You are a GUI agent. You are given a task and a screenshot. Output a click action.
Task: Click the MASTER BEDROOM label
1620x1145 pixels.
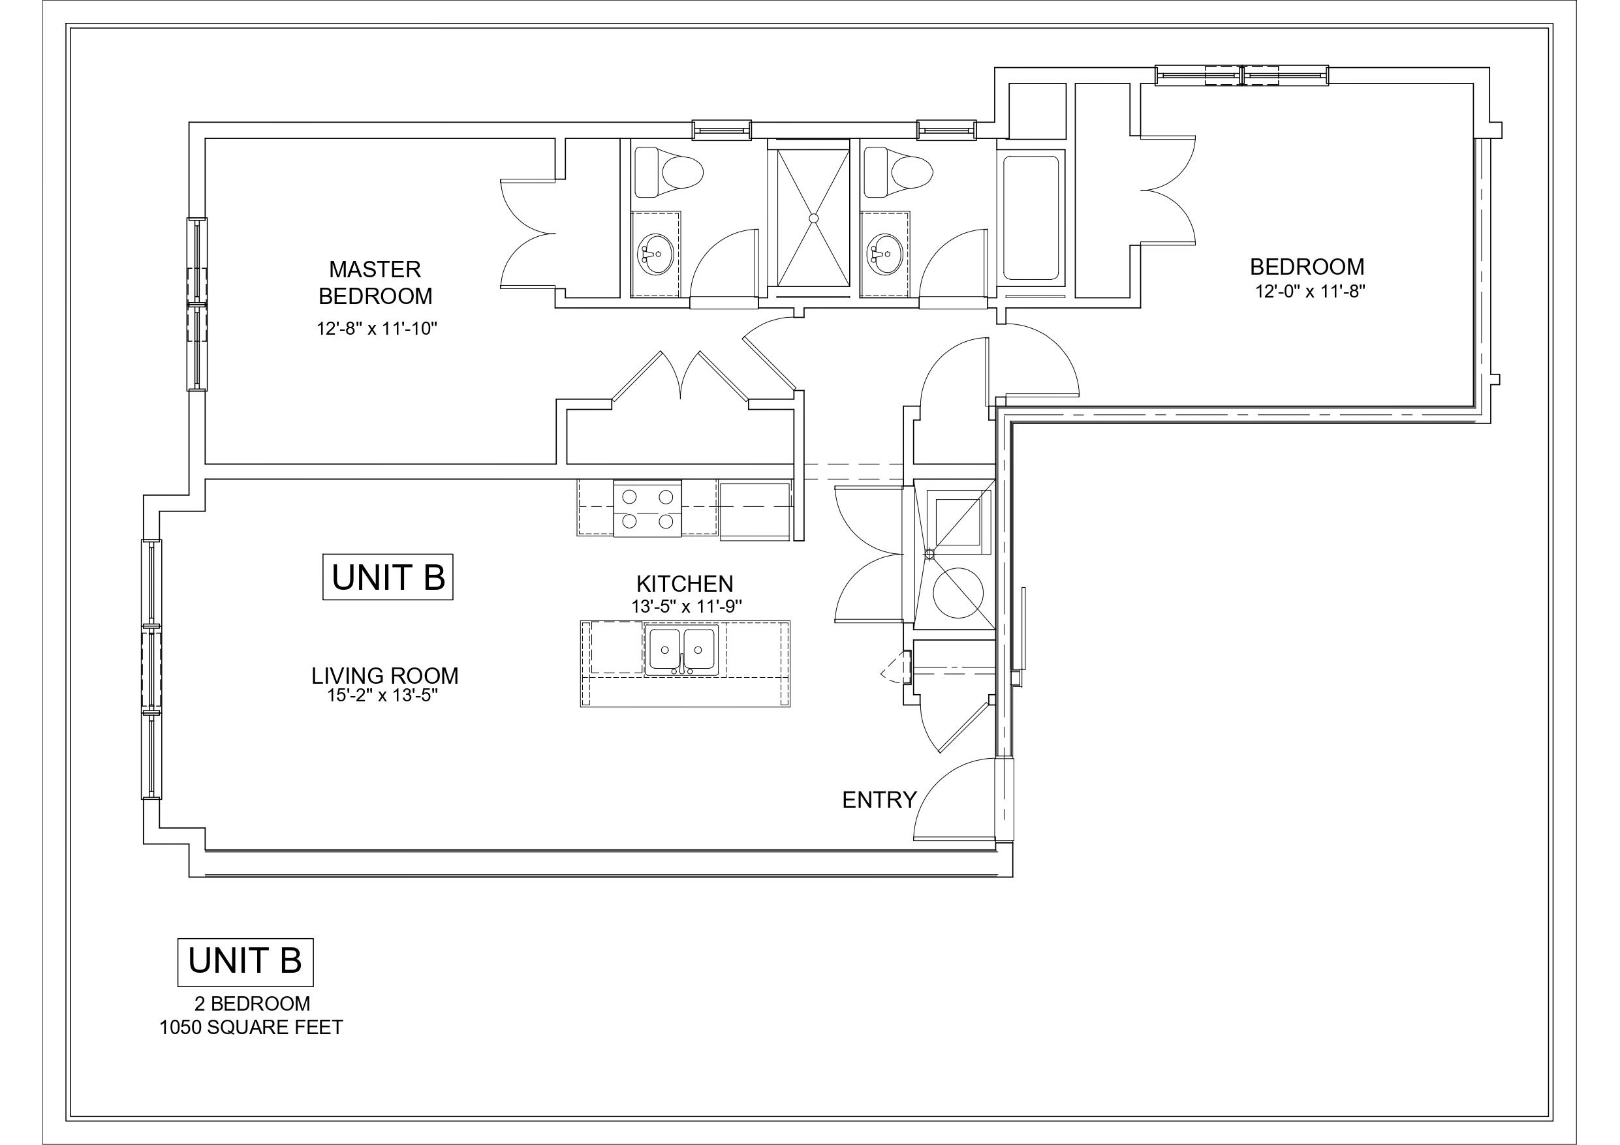[x=375, y=282]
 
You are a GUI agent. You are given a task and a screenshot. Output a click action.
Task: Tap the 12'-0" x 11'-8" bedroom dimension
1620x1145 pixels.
[x=1310, y=292]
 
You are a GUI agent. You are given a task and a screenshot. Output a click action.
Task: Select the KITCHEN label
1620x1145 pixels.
[x=685, y=583]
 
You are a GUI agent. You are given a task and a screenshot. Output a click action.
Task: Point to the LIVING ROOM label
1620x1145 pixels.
[x=384, y=675]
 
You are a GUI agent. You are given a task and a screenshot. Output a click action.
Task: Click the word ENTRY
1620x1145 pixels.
[x=879, y=799]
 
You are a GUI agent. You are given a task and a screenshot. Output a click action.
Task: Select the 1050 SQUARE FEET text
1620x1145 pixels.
[x=251, y=1027]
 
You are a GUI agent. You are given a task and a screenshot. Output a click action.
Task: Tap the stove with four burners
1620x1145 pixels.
[x=647, y=509]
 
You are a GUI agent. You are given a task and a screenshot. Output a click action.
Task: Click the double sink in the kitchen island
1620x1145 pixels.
[x=681, y=650]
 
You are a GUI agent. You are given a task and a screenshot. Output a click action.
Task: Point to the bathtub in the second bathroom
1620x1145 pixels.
[x=1030, y=217]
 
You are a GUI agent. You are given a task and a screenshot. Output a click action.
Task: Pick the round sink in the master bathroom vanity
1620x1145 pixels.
[x=655, y=253]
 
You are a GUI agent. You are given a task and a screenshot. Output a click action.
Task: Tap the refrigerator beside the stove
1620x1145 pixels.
[x=755, y=511]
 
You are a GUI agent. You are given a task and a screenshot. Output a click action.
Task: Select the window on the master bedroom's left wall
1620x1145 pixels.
[x=197, y=304]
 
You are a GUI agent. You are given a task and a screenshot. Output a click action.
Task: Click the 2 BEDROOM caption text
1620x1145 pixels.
[x=252, y=1003]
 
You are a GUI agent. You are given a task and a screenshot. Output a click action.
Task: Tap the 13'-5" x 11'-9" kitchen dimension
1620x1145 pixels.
[x=686, y=605]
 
